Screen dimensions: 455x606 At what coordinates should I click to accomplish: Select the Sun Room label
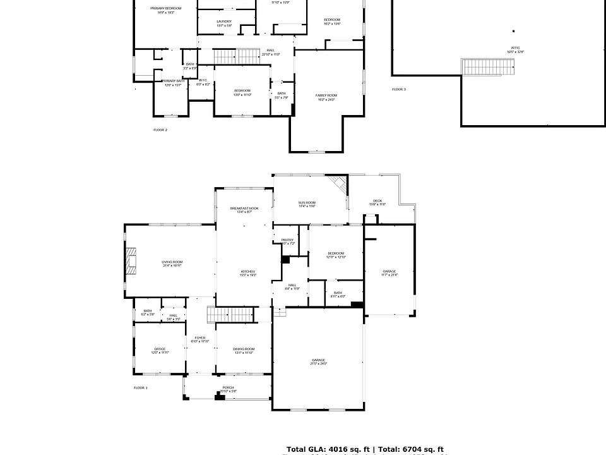point(307,204)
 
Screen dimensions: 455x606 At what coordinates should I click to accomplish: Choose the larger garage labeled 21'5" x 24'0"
point(318,361)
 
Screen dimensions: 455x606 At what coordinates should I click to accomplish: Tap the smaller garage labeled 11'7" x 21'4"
point(389,273)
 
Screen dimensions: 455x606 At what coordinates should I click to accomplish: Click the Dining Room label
point(244,351)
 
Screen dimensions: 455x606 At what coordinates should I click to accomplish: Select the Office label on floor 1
point(159,351)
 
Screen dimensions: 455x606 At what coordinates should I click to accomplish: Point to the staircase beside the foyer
point(233,314)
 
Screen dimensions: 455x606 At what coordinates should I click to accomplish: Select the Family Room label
point(326,97)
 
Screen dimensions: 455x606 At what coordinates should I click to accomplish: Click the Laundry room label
point(224,23)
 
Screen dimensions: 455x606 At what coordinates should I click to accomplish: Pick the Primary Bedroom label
point(165,9)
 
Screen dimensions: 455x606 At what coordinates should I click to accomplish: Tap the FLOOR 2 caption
point(160,130)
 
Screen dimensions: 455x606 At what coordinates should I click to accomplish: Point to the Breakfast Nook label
point(244,210)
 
